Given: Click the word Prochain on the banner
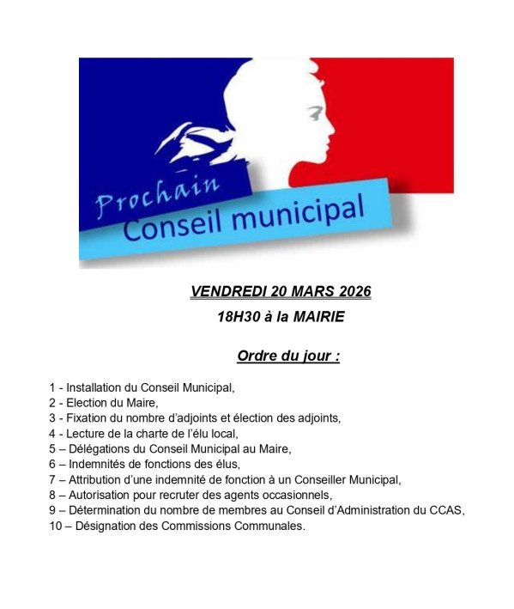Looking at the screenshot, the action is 157,194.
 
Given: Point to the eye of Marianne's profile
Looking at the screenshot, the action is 317,112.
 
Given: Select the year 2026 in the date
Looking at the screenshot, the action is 350,292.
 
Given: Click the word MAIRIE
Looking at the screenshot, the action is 318,317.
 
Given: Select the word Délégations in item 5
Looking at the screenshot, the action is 102,449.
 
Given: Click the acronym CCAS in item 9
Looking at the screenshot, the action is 448,511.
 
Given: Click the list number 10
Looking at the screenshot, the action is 56,527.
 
